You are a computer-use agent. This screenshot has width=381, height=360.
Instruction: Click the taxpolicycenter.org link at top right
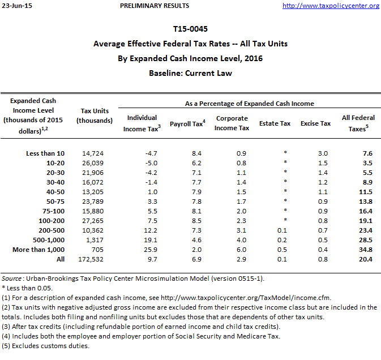331,6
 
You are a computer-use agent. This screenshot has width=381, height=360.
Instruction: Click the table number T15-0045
190,28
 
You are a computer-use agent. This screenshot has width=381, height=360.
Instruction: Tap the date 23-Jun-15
16,6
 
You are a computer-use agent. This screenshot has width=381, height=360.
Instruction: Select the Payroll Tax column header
186,123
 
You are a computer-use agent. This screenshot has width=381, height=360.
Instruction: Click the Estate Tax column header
275,123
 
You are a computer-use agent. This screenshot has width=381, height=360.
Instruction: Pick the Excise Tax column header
315,123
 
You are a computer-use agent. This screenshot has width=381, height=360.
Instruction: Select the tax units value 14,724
93,153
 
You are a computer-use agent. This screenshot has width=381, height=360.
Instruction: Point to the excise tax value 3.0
323,153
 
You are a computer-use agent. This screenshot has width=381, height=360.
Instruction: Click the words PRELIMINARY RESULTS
155,6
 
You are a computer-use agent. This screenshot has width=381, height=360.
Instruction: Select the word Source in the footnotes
11,278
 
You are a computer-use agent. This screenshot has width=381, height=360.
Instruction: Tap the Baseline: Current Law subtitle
190,73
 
